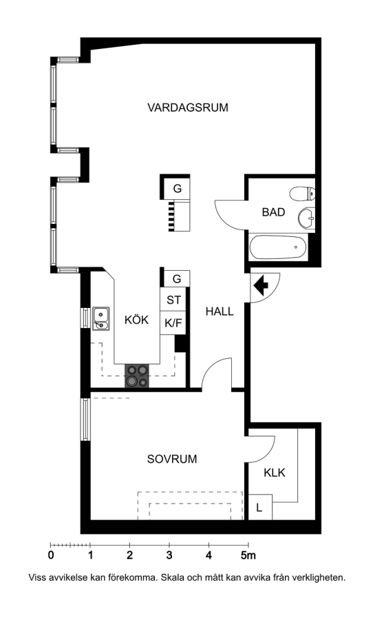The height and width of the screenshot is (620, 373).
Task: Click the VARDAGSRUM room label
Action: pyautogui.click(x=188, y=107)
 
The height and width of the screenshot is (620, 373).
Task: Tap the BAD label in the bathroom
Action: pyautogui.click(x=273, y=212)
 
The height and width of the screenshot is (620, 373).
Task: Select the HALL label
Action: pyautogui.click(x=220, y=311)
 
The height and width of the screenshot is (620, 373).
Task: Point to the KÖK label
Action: pyautogui.click(x=137, y=319)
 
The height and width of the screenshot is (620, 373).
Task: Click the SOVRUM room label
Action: pyautogui.click(x=172, y=459)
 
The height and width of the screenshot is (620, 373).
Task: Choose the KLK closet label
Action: pyautogui.click(x=274, y=473)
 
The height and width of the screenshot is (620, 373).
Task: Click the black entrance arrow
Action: pyautogui.click(x=261, y=285)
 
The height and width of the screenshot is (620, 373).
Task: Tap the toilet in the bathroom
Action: pyautogui.click(x=302, y=194)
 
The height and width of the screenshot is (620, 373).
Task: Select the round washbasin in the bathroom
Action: pyautogui.click(x=307, y=218)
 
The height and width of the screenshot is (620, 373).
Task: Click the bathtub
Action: pyautogui.click(x=278, y=247)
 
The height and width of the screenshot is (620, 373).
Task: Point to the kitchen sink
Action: pyautogui.click(x=101, y=319)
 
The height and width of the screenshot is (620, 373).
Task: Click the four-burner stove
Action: pyautogui.click(x=137, y=375)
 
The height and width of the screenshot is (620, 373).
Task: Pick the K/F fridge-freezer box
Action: pyautogui.click(x=173, y=323)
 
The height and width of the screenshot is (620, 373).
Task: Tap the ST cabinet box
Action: pyautogui.click(x=173, y=300)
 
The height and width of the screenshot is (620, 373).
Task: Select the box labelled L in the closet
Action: pyautogui.click(x=260, y=507)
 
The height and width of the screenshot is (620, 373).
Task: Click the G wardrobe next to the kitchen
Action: pyautogui.click(x=177, y=279)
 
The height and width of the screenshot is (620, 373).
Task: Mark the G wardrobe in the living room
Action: pyautogui.click(x=177, y=189)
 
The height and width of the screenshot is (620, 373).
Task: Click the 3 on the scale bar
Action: pyautogui.click(x=169, y=555)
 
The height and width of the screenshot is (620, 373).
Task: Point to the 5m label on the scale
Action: pyautogui.click(x=248, y=555)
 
